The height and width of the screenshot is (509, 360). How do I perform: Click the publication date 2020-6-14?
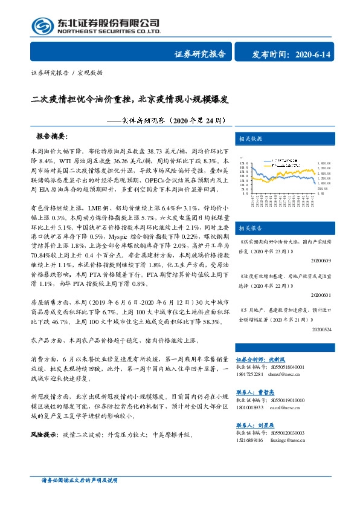(x=327, y=55)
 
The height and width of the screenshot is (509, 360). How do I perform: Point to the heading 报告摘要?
(x=53, y=137)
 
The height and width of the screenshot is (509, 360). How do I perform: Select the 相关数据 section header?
(x=251, y=138)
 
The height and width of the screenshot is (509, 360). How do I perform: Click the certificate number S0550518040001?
(x=284, y=367)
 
